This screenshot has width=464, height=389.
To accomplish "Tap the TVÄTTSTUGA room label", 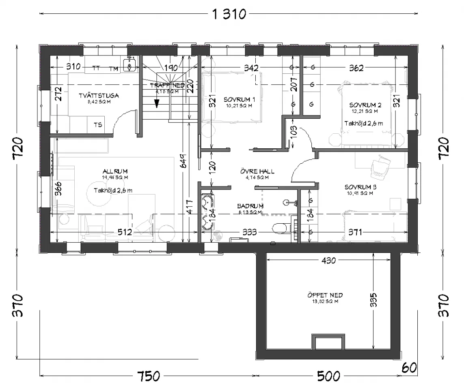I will [x=99, y=96].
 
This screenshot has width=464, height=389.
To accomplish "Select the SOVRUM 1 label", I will [x=239, y=99].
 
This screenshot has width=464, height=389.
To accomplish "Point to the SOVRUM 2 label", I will [x=363, y=105].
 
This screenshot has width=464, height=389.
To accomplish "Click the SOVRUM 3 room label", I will [x=361, y=187].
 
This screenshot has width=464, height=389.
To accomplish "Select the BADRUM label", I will [x=250, y=206].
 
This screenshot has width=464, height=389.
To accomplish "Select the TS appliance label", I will [x=98, y=125].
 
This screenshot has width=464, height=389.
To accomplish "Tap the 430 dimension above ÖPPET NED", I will [x=328, y=261].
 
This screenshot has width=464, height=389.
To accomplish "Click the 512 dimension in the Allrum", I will [x=125, y=232].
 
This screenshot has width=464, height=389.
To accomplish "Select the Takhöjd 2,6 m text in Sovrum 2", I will [x=363, y=123].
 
